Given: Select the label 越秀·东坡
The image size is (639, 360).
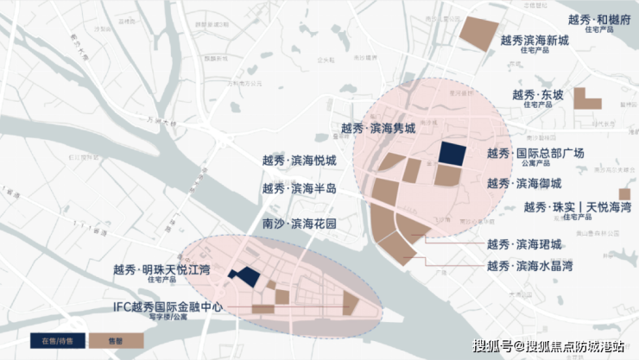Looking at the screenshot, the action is [536, 95].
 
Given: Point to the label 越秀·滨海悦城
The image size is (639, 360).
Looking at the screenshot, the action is [300, 161].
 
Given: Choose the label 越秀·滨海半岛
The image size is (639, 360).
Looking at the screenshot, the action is [300, 188].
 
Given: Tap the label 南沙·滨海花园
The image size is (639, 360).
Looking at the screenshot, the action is [300, 224].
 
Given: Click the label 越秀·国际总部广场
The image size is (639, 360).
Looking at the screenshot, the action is [535, 154].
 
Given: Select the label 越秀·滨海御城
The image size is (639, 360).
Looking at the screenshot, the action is [524, 183].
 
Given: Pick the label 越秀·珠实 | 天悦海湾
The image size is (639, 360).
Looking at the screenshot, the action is [577, 207].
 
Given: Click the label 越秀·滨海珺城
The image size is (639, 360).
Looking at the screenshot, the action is [524, 244].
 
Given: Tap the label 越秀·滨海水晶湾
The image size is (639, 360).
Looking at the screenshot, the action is [529, 266].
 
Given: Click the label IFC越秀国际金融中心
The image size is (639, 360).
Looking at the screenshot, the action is [168, 307].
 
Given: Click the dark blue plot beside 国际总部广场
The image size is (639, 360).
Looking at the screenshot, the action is [452, 153].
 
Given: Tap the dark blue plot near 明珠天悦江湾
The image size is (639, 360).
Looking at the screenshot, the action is [244, 276].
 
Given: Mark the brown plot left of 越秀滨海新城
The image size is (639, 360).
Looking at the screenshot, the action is [476, 31].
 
